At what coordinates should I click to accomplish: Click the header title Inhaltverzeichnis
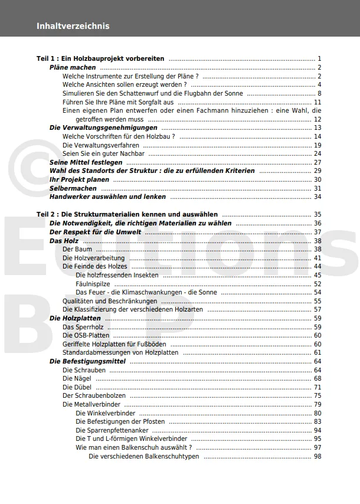73,26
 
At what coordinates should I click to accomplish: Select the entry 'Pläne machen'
73,68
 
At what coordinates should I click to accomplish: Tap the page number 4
319,85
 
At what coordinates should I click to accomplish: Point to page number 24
318,153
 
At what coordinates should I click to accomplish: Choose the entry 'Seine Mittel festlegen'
86,162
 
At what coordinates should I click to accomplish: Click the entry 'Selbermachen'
73,188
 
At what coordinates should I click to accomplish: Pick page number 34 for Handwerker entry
318,197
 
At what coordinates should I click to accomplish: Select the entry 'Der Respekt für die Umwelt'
95,232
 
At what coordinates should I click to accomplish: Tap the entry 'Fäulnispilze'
93,284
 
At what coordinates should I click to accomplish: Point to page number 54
318,292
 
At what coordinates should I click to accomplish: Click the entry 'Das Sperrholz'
83,327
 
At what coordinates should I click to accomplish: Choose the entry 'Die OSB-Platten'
86,335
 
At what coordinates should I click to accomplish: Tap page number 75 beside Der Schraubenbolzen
318,395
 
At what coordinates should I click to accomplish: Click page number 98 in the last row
318,456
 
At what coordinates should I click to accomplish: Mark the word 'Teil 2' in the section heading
45,214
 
